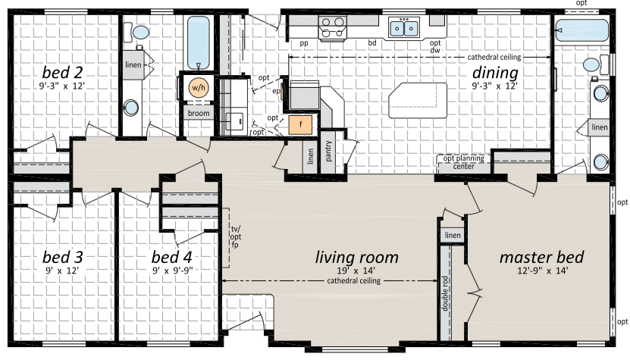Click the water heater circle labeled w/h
[x=198, y=88]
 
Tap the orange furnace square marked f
[x=300, y=125]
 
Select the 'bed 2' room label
[x=62, y=72]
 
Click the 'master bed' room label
[x=541, y=257]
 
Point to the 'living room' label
[x=357, y=257]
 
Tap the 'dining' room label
[x=495, y=73]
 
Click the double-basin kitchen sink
[x=404, y=28]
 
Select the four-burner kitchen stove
[x=333, y=28]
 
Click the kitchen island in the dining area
[x=418, y=100]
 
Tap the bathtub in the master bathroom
[x=581, y=30]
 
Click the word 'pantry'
[x=329, y=151]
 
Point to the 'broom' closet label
[x=199, y=113]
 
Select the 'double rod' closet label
[x=444, y=293]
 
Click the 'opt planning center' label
[x=464, y=162]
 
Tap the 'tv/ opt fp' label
[x=236, y=236]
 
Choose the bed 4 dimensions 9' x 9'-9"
[x=173, y=271]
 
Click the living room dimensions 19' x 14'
[x=356, y=271]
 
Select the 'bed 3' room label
[x=63, y=257]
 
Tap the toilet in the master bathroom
[x=596, y=64]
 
